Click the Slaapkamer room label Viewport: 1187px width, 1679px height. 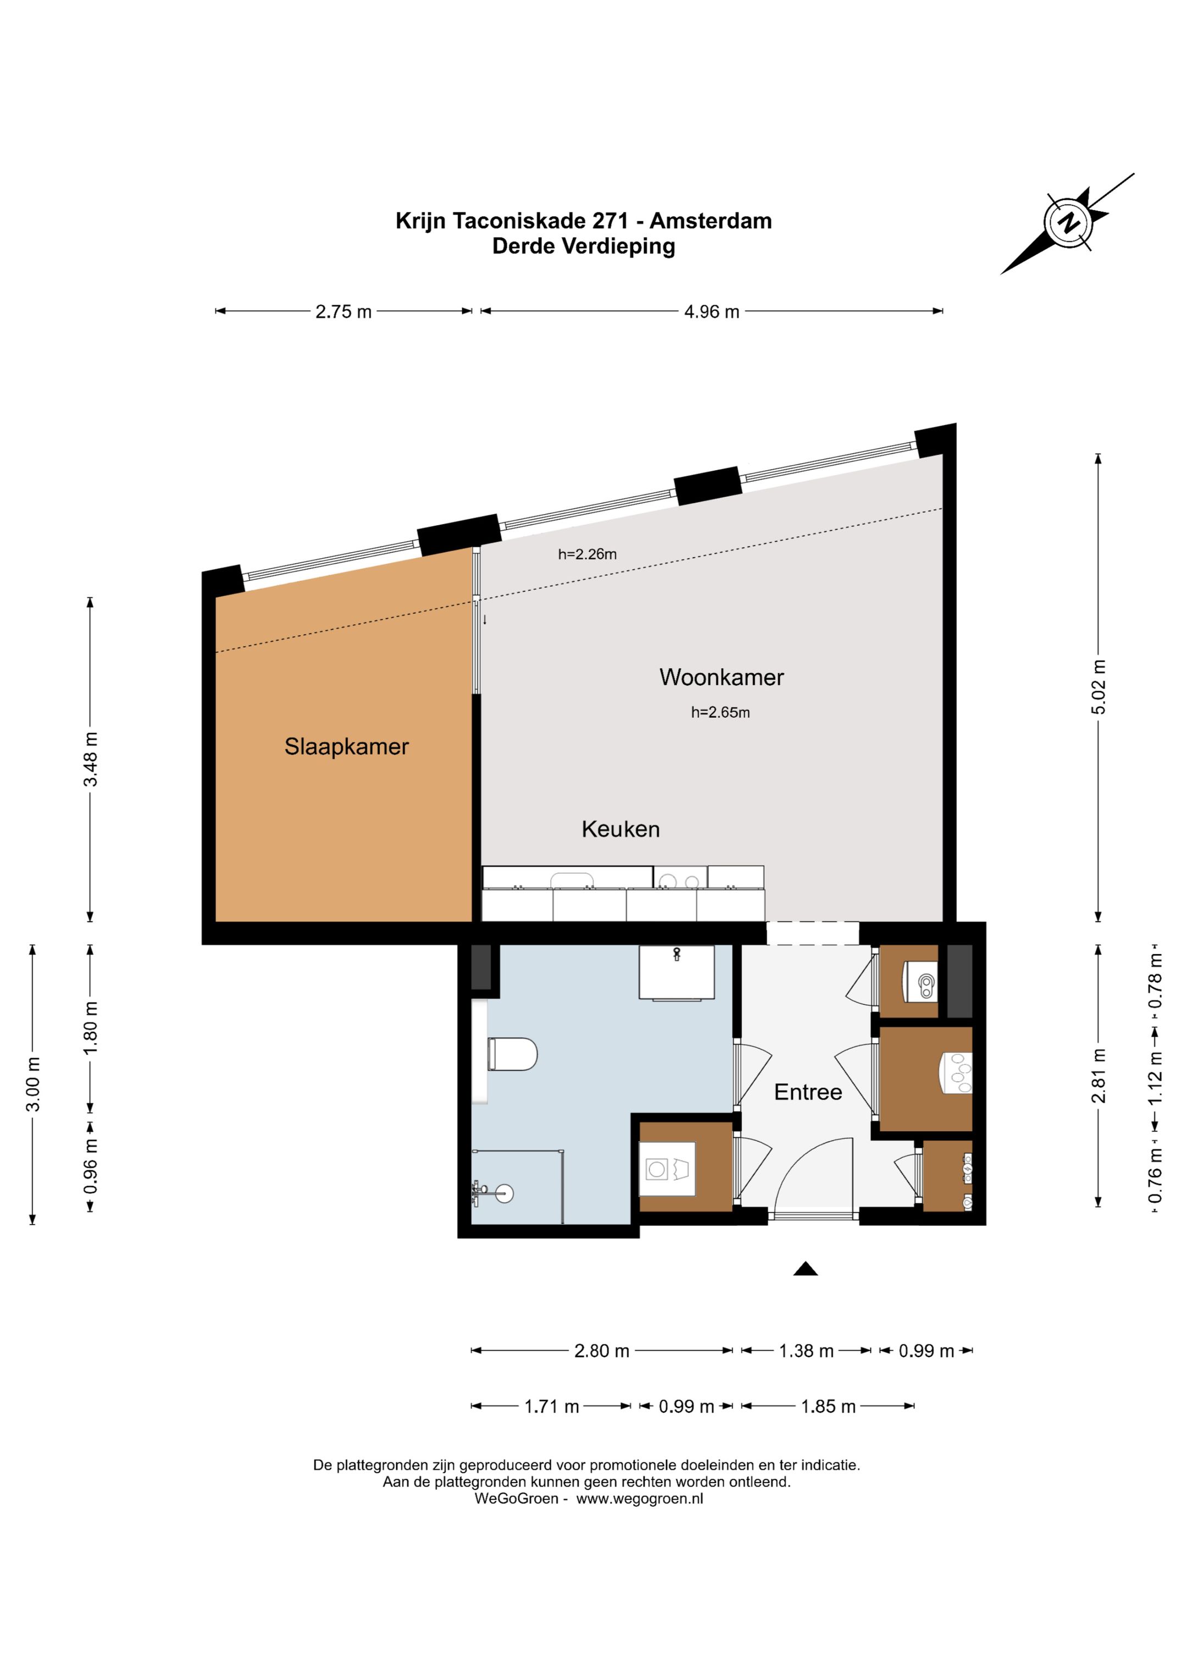pos(346,747)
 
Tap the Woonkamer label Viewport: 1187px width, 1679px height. pos(722,677)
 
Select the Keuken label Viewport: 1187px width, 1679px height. pos(620,829)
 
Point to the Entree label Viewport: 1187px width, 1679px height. pos(808,1093)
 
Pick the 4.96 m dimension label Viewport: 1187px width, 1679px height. pos(711,312)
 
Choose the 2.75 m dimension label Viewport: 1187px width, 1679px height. pos(343,312)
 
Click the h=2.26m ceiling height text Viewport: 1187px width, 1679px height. pos(587,554)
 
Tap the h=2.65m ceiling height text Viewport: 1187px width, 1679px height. pos(720,712)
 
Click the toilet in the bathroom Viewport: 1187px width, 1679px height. pos(512,1054)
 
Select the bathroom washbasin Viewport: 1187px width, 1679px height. pos(677,973)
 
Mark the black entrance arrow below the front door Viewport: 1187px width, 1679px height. pos(806,1269)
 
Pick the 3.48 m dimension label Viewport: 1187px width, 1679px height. pos(91,759)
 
